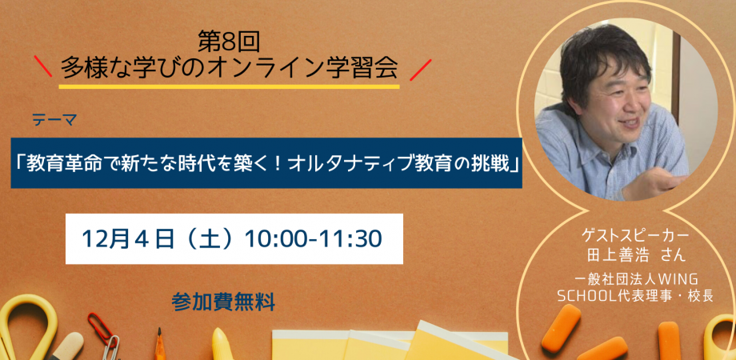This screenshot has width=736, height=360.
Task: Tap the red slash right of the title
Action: tap(420, 70)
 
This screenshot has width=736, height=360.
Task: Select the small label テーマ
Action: tap(54, 121)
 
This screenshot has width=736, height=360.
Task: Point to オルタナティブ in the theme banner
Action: tap(340, 163)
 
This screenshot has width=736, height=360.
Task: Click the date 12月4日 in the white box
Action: tap(128, 239)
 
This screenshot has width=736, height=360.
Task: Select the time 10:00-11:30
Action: tap(313, 239)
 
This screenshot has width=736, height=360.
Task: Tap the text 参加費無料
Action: tap(223, 302)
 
